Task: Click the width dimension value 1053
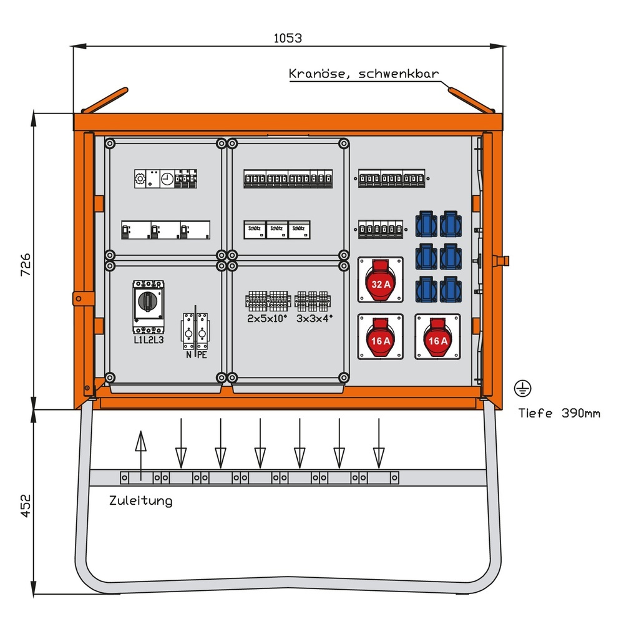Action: point(288,37)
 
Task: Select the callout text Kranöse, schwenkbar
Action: point(364,74)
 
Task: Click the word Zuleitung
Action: point(140,500)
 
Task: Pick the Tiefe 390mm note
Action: point(559,413)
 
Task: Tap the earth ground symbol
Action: point(523,389)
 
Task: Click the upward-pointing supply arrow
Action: point(141,456)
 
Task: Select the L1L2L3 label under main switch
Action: point(149,339)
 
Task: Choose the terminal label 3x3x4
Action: point(314,318)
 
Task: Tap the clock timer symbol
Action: point(167,179)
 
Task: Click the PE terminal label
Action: point(202,356)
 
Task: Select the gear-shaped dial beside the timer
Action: point(141,179)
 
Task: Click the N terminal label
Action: point(187,356)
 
